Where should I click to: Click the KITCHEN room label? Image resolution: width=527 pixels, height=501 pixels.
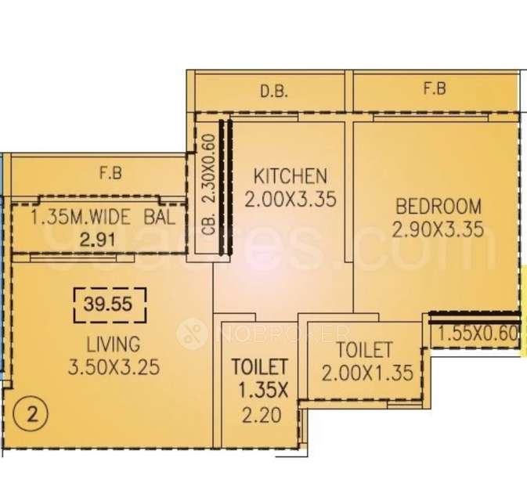[290, 175]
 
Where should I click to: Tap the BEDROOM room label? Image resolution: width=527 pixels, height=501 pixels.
[438, 207]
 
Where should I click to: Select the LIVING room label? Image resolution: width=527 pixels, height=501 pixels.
[114, 344]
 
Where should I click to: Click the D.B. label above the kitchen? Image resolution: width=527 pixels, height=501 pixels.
[274, 92]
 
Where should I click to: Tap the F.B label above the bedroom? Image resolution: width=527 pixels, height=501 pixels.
[435, 89]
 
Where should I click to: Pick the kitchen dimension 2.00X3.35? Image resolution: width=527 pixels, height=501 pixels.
[290, 200]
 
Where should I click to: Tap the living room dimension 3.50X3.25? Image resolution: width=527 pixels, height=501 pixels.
[114, 367]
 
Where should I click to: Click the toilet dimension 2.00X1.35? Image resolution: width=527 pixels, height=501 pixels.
[366, 373]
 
